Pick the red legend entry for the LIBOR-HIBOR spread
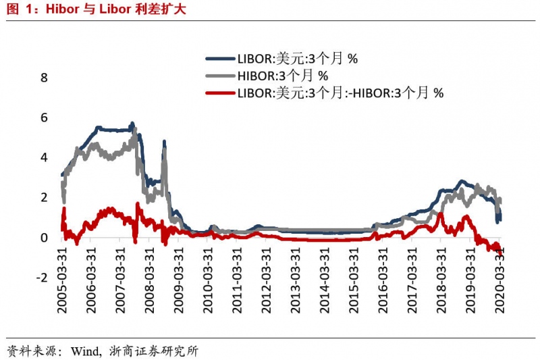tap(340, 93)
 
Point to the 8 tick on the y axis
tap(45, 78)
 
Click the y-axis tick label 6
tap(45, 118)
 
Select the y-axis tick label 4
tap(45, 157)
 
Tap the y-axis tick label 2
tap(45, 197)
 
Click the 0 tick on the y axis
tap(45, 238)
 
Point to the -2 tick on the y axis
tap(42, 278)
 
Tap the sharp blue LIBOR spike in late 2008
tap(164, 143)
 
